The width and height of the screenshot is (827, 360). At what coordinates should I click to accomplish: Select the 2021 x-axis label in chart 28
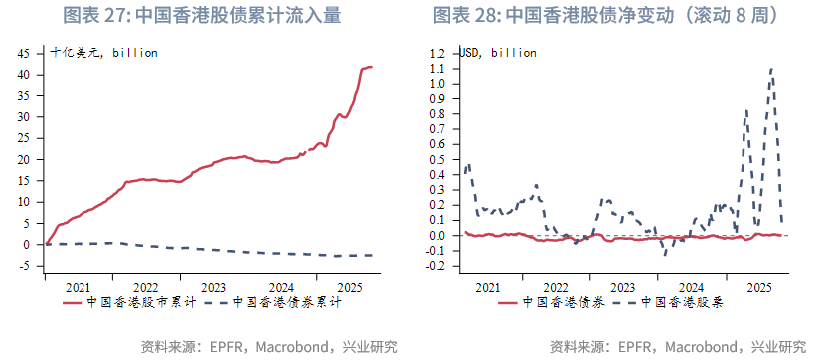pos(487,286)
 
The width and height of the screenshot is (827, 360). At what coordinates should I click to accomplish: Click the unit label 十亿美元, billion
pos(104,52)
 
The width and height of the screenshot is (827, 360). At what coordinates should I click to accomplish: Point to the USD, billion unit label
pos(498,52)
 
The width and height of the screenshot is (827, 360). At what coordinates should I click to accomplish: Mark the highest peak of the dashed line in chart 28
pos(771,69)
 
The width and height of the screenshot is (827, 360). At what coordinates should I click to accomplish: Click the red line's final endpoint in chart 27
pos(372,67)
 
